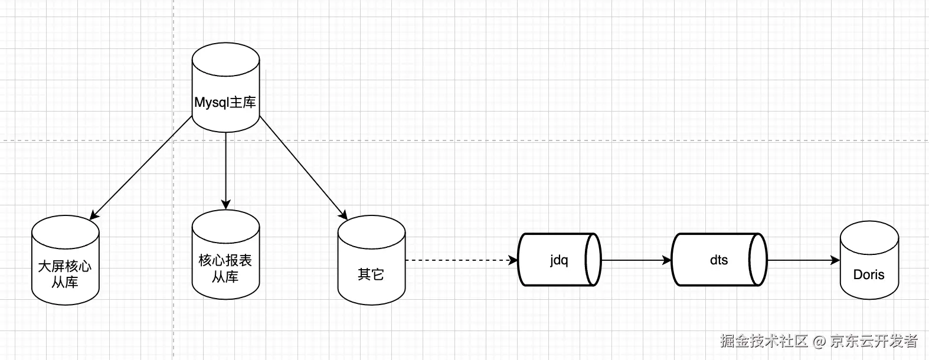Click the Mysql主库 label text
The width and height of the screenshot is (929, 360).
click(225, 102)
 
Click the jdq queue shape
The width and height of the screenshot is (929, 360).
click(558, 260)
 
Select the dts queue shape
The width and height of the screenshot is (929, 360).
click(718, 260)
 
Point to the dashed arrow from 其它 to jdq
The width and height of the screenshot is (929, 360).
click(460, 260)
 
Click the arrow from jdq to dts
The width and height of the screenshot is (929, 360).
click(636, 260)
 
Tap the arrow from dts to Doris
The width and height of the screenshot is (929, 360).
click(803, 260)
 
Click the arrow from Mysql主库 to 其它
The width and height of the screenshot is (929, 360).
click(303, 168)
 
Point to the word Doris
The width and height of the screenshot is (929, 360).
click(869, 274)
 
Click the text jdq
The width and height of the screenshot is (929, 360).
click(558, 260)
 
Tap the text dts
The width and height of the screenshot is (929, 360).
click(718, 260)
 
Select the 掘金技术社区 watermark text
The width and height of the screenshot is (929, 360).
click(764, 341)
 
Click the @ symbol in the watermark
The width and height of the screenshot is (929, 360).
click(819, 341)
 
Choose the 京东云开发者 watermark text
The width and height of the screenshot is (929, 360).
click(874, 341)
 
